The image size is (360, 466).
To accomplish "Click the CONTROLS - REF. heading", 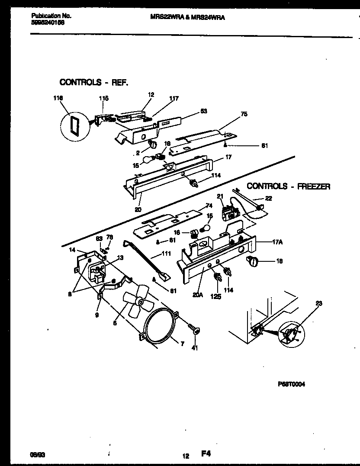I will click(93, 82).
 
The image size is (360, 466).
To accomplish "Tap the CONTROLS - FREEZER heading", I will click(289, 186).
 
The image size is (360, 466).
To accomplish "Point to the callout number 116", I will click(58, 99).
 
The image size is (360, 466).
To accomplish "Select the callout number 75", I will click(244, 115).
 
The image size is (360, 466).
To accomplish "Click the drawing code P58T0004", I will click(291, 384).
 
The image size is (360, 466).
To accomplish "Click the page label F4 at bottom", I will click(206, 454).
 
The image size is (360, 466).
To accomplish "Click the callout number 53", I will click(203, 111).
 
